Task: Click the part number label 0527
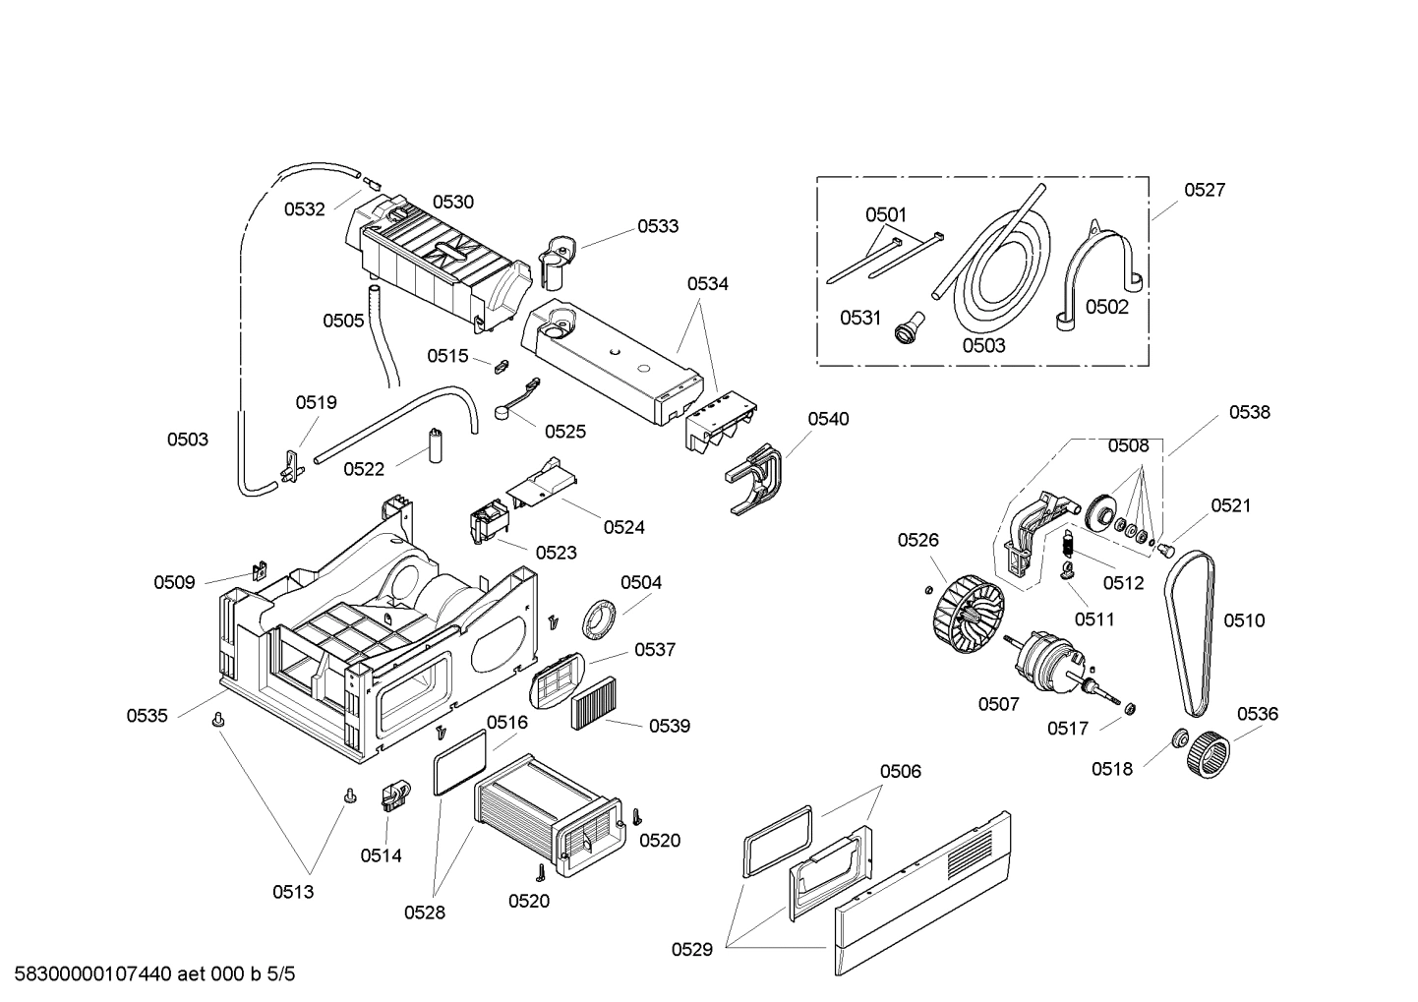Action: tap(1204, 190)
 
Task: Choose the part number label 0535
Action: tap(147, 716)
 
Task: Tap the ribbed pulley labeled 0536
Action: tap(1209, 759)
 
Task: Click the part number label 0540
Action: tap(828, 419)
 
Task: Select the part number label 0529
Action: tap(692, 949)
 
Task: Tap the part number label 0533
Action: tap(657, 226)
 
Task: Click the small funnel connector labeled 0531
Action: tap(905, 326)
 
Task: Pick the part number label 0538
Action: tap(1249, 413)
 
